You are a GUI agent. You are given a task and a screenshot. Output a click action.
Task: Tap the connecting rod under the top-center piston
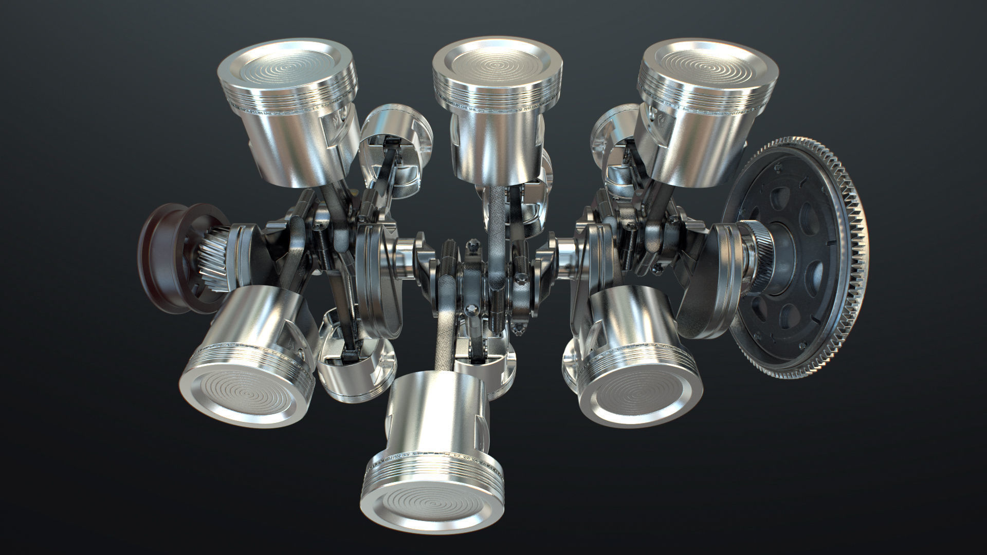point(496,226)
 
